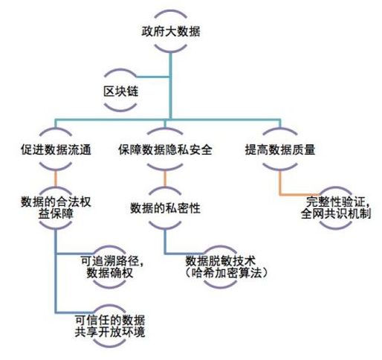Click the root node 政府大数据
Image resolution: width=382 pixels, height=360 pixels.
171,31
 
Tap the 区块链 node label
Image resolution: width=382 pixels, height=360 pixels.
120,91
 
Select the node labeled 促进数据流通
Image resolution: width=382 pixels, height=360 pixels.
56,150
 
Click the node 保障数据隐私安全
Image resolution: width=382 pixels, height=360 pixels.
165,150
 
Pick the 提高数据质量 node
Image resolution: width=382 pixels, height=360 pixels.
280,150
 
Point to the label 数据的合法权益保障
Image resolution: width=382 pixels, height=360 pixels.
56,208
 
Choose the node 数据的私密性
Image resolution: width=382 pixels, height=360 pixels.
165,208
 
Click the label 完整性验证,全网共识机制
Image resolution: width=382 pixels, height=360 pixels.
336,208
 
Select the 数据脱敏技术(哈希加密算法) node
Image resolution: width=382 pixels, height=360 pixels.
226,267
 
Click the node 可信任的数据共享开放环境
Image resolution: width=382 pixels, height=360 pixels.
110,326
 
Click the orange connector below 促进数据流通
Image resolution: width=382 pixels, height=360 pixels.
56,179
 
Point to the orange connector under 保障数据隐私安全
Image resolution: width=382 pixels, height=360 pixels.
165,179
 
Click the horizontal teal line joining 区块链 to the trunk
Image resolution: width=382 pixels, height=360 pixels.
154,77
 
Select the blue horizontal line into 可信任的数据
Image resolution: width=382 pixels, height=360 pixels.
74,312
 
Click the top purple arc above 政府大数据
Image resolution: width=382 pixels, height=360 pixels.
170,13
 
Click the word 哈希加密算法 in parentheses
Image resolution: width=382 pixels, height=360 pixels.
226,273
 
